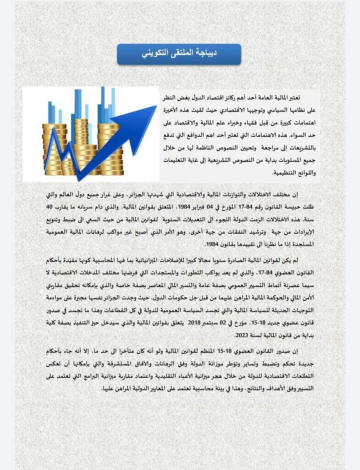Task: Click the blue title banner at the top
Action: click(179, 54)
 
